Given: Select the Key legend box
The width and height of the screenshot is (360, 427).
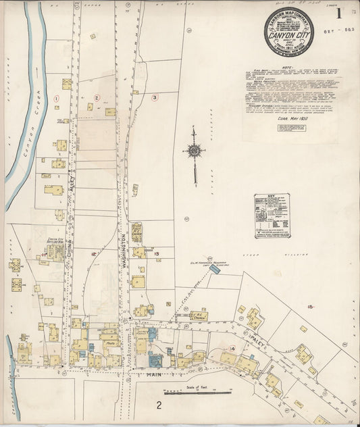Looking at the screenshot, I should (272, 216).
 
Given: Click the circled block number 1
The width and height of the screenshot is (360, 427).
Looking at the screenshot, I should (57, 98).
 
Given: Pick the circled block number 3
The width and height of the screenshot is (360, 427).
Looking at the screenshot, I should (154, 97).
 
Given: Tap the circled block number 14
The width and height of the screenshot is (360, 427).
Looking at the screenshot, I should (232, 348).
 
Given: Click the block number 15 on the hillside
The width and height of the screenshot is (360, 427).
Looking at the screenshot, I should (310, 307).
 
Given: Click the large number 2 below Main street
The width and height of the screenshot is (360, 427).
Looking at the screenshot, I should (158, 405).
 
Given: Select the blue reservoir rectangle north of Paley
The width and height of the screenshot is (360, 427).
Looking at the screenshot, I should (214, 269).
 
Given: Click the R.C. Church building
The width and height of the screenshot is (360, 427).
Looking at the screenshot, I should (199, 316).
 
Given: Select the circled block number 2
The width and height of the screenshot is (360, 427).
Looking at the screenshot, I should (97, 98).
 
